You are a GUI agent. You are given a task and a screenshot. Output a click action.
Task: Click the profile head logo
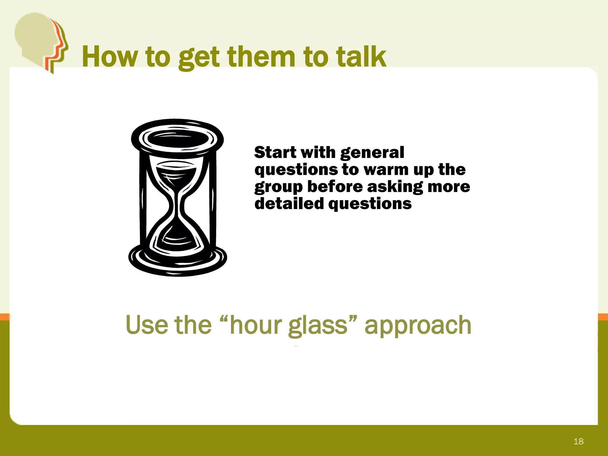coord(42,42)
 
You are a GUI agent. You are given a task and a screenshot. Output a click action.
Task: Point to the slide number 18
coord(578,441)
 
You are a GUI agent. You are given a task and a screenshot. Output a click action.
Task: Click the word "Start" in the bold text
coord(275,153)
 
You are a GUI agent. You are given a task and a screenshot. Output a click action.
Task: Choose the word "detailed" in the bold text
coord(289,204)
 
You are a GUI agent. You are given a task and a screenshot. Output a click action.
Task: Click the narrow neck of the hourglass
coord(177,205)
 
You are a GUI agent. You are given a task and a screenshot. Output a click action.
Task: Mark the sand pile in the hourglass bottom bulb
coord(177,239)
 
